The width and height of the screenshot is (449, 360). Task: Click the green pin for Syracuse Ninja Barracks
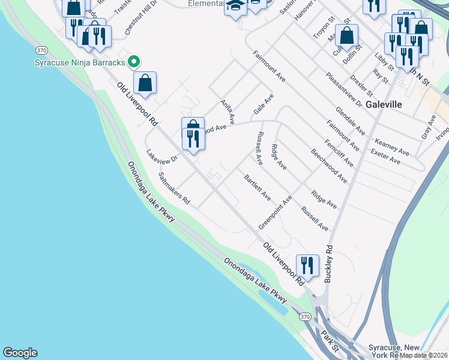pos(134,61)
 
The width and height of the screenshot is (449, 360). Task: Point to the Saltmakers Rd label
pos(173,188)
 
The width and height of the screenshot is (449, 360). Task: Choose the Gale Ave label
pos(264,104)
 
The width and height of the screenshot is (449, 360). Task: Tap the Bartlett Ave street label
pos(257,188)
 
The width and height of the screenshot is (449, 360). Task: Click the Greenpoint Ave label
pos(275,212)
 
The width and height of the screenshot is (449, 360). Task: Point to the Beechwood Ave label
pos(329,165)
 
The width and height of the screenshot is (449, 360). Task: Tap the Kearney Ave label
pos(392,147)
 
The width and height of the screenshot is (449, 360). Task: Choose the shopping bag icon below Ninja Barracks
pos(145,83)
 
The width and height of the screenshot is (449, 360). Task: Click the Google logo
pos(20,353)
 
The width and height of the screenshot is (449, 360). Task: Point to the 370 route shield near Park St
pos(306,317)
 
